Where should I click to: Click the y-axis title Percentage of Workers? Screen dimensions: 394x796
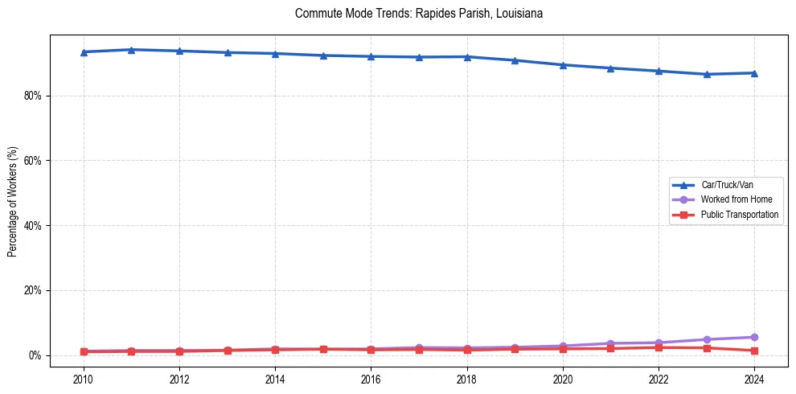[x=13, y=201]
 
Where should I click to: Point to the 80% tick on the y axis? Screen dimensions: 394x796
[x=35, y=96]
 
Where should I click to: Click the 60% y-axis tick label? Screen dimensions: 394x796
[x=35, y=161]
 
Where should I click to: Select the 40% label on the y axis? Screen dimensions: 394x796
[x=35, y=226]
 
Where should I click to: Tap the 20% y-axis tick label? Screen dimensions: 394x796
[x=35, y=290]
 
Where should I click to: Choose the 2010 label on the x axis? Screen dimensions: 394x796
[x=84, y=378]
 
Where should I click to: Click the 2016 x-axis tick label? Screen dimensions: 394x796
[x=371, y=378]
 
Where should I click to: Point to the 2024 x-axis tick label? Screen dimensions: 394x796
[x=754, y=378]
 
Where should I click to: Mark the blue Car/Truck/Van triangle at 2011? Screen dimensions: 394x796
[x=132, y=50]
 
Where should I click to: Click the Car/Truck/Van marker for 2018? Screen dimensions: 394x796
[x=467, y=56]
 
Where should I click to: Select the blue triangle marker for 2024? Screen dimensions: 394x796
[x=754, y=73]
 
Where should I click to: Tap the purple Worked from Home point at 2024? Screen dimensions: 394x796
[x=754, y=337]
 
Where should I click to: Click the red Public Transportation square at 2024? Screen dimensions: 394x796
[x=754, y=351]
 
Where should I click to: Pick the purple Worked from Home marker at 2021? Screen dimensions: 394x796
[x=610, y=343]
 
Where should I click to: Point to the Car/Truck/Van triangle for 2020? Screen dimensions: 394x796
[x=563, y=65]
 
